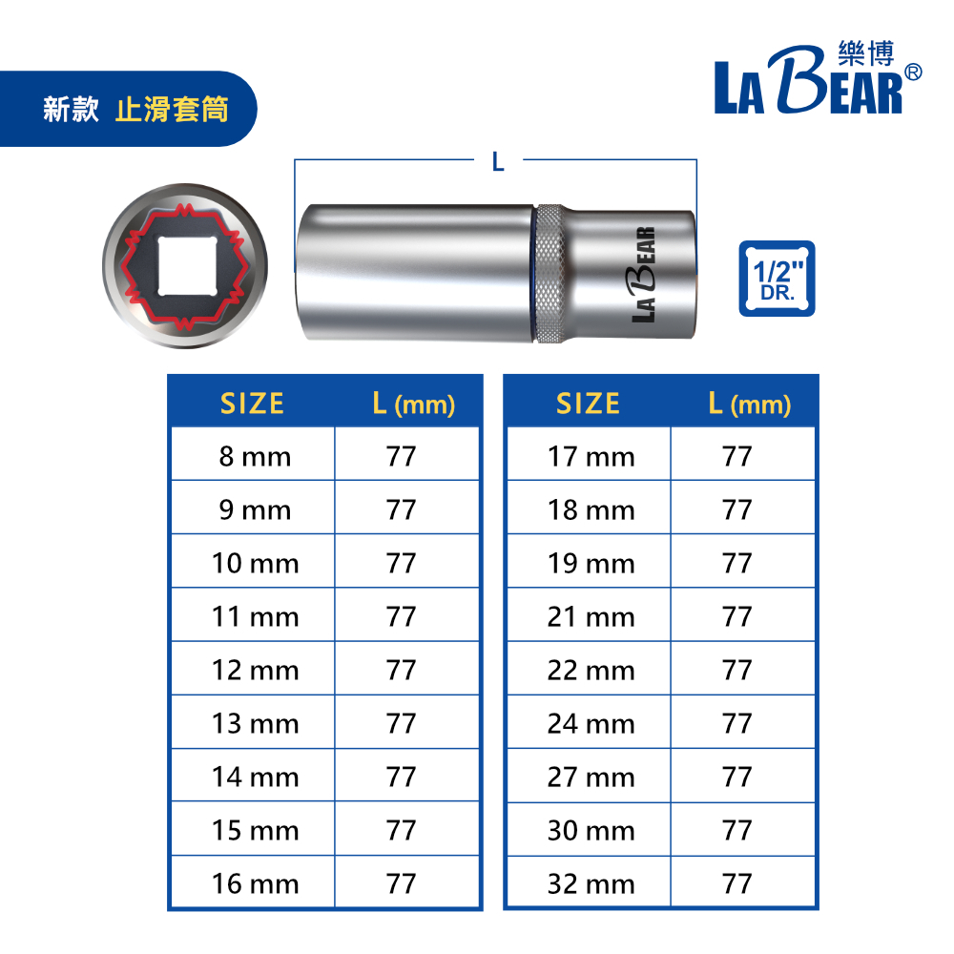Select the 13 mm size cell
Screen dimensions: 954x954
coord(253,722)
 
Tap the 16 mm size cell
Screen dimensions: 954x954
coord(253,882)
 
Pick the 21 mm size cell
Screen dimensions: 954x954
coord(590,615)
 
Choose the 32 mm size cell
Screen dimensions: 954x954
coord(590,882)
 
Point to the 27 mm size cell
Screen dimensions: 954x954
coord(590,776)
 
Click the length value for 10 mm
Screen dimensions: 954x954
coord(407,562)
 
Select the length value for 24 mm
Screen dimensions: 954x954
coord(743,722)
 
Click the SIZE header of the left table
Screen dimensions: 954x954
coord(252,404)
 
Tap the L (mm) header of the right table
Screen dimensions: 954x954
coord(750,404)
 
